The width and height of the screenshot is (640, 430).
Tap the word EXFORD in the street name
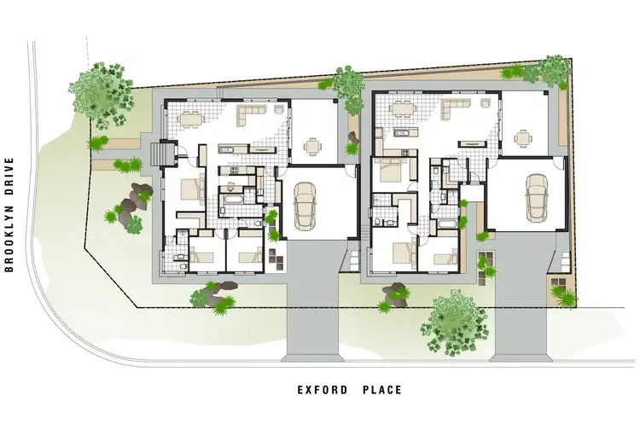click(322, 391)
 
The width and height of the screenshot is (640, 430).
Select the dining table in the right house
click(399, 108)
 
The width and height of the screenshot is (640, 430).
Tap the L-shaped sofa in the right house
click(458, 105)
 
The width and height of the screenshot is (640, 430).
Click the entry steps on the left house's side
click(156, 154)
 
